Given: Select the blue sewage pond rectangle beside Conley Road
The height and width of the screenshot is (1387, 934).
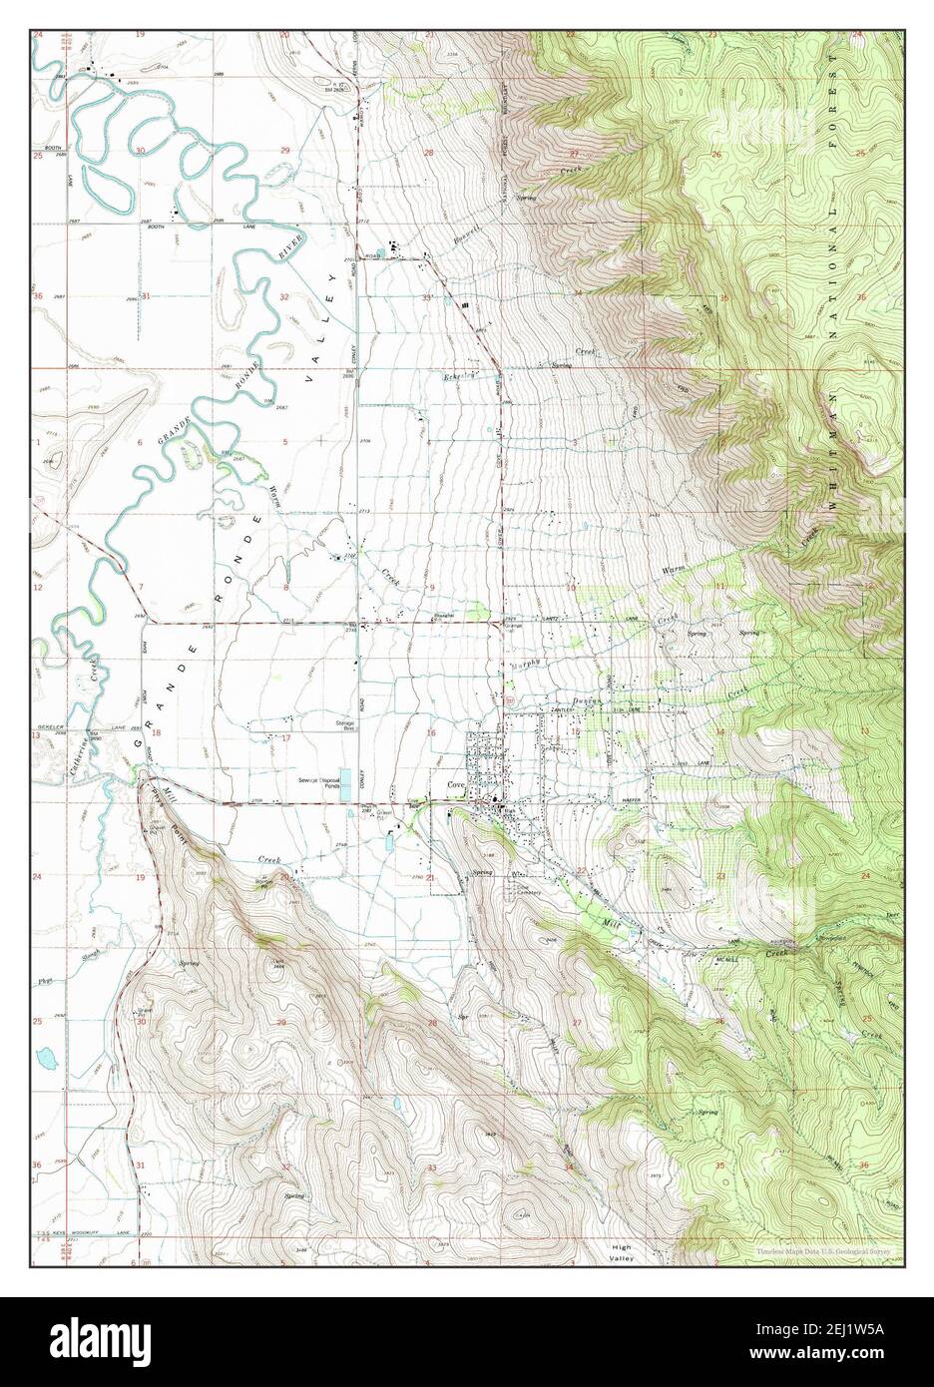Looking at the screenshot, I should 344,782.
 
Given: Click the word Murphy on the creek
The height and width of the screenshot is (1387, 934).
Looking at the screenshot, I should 526,664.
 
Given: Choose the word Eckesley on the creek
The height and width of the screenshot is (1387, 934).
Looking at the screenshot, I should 457,375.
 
